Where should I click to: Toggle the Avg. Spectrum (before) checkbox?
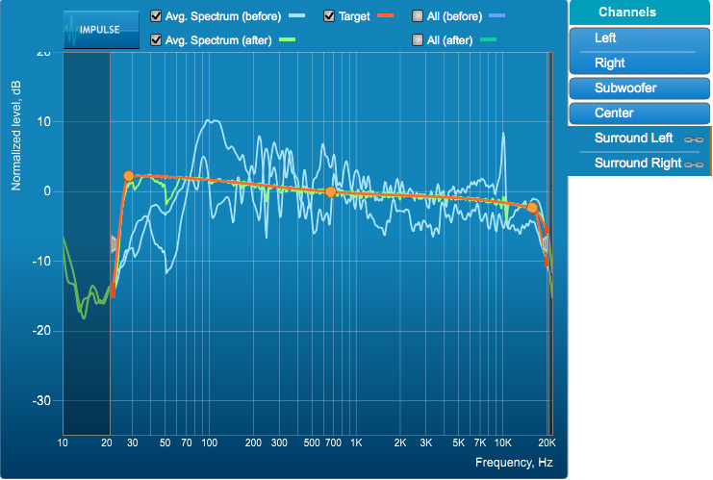point(157,16)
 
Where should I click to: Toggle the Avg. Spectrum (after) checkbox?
point(157,40)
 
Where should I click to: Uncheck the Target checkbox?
point(329,16)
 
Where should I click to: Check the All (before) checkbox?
point(417,16)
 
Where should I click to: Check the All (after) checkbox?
point(417,40)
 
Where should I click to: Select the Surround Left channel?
point(634,139)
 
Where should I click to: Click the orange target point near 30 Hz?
point(129,176)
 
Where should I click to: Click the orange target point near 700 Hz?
point(330,192)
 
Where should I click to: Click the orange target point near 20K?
point(532,207)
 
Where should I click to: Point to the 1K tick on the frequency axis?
point(356,442)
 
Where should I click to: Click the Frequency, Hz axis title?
point(514,464)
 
